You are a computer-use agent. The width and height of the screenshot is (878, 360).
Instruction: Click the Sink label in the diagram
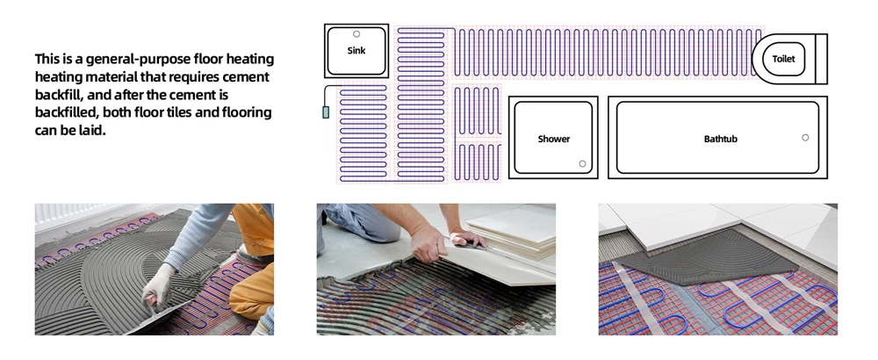pyautogui.click(x=356, y=51)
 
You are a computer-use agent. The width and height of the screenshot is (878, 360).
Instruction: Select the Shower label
pyautogui.click(x=553, y=139)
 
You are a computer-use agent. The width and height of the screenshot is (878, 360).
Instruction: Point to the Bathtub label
pyautogui.click(x=720, y=139)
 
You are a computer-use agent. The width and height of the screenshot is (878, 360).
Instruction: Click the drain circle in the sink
pyautogui.click(x=356, y=34)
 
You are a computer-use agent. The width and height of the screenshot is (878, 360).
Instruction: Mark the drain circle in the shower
pyautogui.click(x=581, y=163)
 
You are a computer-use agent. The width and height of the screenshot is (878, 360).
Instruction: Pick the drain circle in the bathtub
pyautogui.click(x=805, y=138)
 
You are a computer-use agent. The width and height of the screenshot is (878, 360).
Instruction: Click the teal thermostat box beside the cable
pyautogui.click(x=326, y=112)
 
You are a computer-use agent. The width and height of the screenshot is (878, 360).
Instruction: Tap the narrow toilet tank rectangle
pyautogui.click(x=822, y=59)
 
